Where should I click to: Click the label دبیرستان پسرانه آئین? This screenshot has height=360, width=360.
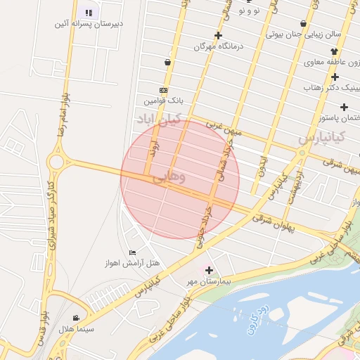pos(89,23)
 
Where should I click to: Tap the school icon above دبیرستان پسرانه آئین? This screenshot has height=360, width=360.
pos(89,13)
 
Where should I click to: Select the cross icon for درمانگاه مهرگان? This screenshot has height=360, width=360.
pos(218,35)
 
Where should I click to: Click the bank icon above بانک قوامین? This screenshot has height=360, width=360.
pos(164,90)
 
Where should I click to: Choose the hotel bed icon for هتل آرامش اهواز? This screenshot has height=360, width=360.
pos(132,252)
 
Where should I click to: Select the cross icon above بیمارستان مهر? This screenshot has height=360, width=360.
pos(209,269)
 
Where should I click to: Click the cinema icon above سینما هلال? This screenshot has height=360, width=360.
pos(76,318)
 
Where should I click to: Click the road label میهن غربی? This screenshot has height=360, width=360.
pos(223,129)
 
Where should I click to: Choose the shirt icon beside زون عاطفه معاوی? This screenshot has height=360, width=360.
pos(334,51)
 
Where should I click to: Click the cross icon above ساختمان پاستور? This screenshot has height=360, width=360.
pos(344,108)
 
